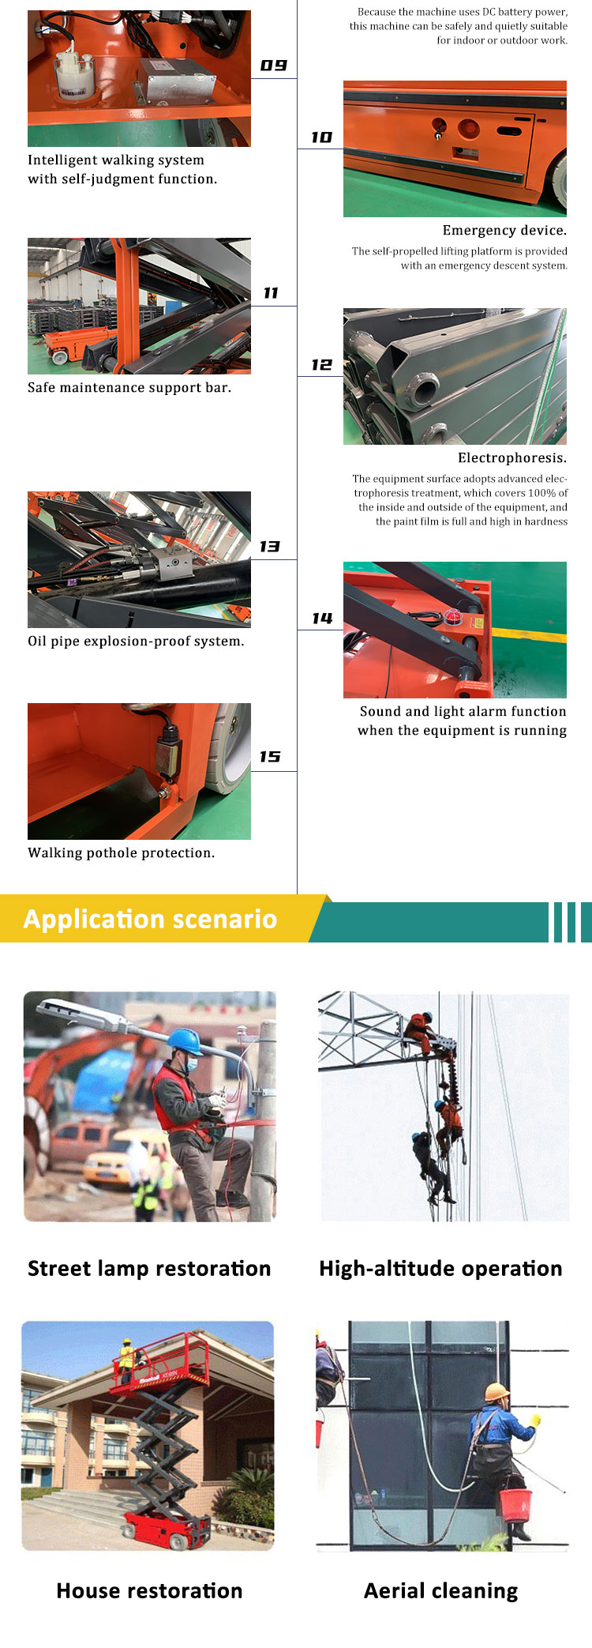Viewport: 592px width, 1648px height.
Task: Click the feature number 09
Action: (x=273, y=66)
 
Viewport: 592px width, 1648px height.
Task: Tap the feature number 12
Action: (x=321, y=365)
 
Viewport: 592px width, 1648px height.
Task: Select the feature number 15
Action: (x=270, y=757)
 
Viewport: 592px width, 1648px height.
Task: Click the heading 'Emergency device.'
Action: (x=504, y=231)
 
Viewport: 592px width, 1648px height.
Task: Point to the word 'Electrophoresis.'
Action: (x=512, y=458)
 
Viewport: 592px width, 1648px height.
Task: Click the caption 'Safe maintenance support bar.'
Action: (x=129, y=388)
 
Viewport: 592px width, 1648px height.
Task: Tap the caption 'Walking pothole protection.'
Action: (x=122, y=853)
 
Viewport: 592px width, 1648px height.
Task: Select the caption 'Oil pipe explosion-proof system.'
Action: (x=136, y=642)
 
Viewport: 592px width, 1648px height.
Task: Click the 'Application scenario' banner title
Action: (x=150, y=920)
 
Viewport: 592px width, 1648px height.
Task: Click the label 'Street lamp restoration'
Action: (x=149, y=1269)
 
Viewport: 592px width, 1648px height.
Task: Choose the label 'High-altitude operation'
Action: (x=440, y=1269)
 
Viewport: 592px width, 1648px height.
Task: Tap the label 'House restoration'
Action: (x=149, y=1591)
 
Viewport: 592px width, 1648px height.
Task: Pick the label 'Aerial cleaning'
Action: (x=440, y=1591)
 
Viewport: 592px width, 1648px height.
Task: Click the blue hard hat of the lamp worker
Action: (x=186, y=1039)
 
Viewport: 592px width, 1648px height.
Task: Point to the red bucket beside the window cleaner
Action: (x=515, y=1505)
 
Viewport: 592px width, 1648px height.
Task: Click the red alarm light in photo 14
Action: (x=452, y=617)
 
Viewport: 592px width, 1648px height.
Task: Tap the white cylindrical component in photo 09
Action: (x=72, y=72)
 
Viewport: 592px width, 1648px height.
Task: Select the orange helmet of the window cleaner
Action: (x=496, y=1392)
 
